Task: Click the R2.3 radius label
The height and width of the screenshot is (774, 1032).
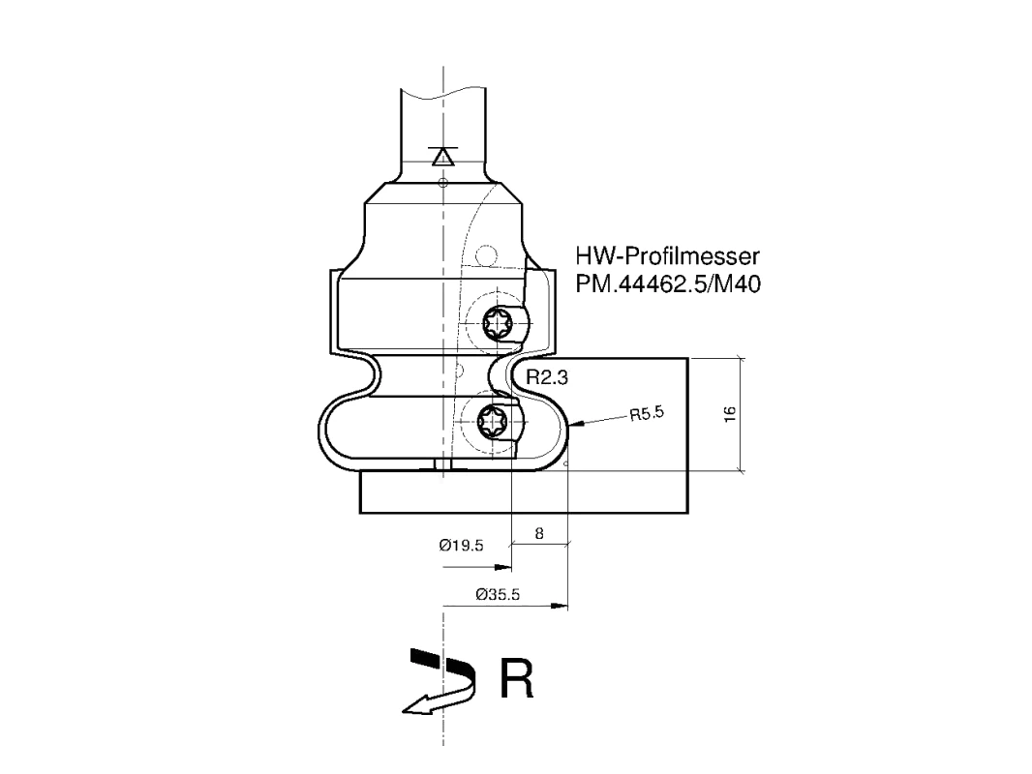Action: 547,377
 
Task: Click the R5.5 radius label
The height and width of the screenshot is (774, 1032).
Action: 647,414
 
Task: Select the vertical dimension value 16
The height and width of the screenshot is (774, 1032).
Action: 730,414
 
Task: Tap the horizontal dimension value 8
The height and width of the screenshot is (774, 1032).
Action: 539,533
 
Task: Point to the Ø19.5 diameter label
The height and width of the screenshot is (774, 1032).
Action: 462,545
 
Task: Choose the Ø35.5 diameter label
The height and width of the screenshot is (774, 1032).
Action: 498,594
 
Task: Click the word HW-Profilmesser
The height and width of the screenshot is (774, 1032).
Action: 667,255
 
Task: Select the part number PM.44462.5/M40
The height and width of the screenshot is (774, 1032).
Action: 668,284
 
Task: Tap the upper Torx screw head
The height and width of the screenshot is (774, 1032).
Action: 496,323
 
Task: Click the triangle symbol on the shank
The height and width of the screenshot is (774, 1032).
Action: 442,157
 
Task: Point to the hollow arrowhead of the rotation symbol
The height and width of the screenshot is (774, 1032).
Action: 416,705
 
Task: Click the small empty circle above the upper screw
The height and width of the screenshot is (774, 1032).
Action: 486,255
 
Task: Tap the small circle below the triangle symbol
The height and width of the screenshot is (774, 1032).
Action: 443,182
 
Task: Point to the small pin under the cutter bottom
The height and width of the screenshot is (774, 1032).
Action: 442,464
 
